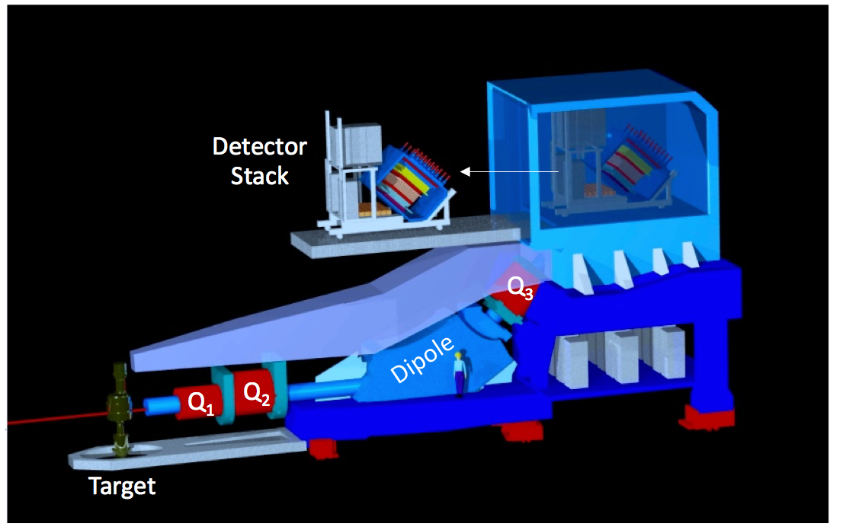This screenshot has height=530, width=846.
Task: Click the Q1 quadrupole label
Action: click(200, 404)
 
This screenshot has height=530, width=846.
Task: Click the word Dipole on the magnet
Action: click(422, 359)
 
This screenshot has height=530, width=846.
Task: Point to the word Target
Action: click(122, 487)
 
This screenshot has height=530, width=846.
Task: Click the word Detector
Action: click(260, 146)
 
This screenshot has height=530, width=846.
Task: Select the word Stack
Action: click(260, 176)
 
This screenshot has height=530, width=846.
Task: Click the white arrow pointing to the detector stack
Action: click(509, 171)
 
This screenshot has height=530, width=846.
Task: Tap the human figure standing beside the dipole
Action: click(460, 374)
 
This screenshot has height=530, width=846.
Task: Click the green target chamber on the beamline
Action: click(119, 409)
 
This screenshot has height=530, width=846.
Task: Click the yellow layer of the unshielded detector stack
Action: click(411, 181)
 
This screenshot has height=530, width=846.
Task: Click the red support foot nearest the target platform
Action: click(322, 448)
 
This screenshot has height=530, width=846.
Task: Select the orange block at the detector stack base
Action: click(374, 209)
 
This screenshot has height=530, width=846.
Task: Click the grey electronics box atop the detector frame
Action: click(362, 142)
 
